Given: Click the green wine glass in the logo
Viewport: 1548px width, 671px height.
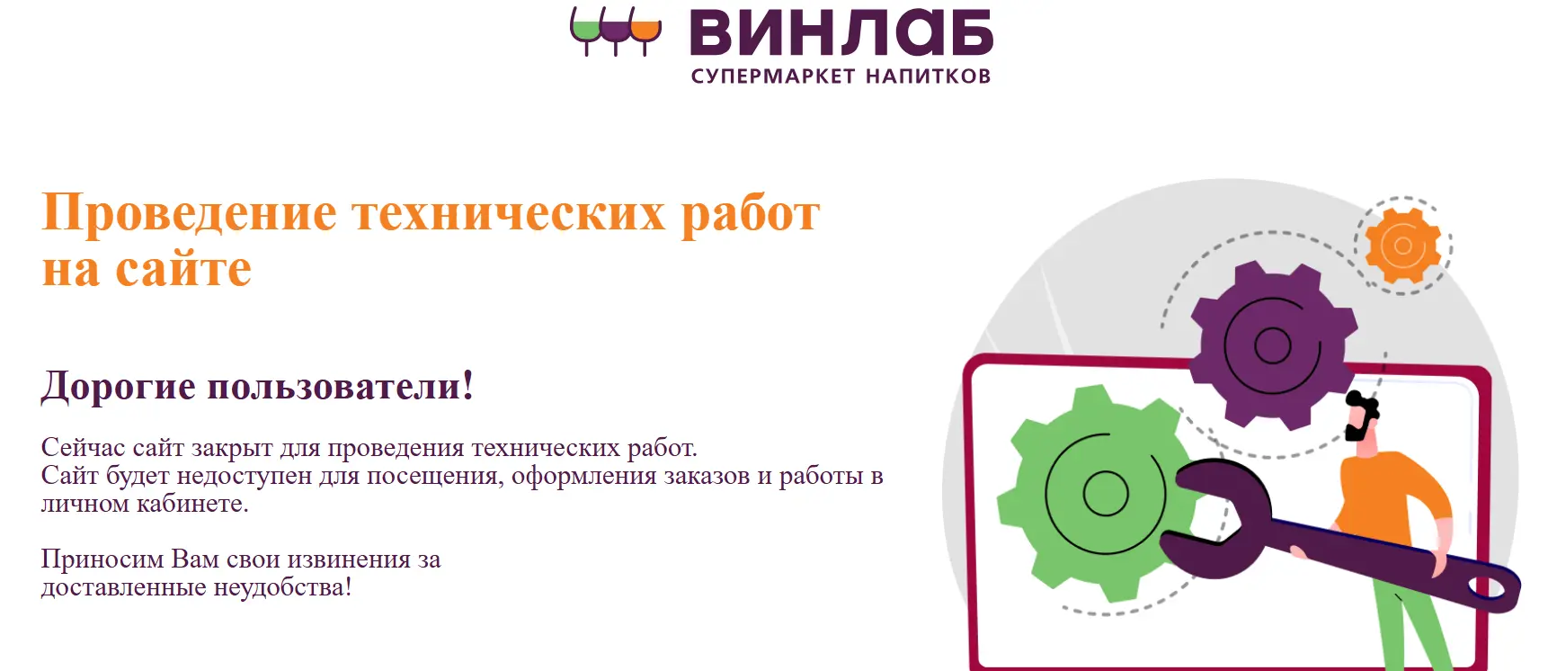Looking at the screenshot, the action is click(x=585, y=31).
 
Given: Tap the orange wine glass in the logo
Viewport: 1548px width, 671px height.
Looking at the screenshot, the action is click(x=645, y=31).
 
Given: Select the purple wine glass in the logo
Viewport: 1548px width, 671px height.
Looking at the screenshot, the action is click(x=616, y=31).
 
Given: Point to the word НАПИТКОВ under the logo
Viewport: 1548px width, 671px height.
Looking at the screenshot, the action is click(x=929, y=76).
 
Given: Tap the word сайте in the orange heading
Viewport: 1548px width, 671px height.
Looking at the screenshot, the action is click(x=183, y=269).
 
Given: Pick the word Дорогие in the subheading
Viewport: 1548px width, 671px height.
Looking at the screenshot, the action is click(x=118, y=387).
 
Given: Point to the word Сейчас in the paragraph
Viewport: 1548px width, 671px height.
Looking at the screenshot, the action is click(x=83, y=447).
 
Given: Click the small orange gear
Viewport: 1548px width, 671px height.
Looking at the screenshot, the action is click(x=1402, y=246).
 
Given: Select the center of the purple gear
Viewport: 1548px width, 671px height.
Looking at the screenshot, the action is click(x=1272, y=345).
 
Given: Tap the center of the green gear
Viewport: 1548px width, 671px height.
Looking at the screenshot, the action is click(x=1105, y=493).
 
